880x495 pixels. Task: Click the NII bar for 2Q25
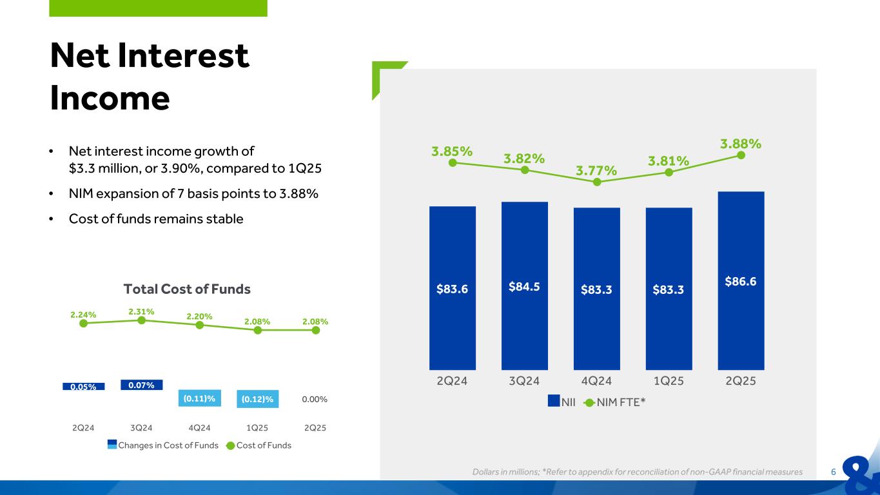(741, 309)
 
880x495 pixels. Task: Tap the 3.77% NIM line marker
(597, 182)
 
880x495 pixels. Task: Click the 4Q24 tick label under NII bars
(596, 381)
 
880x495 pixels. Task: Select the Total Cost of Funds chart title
(187, 289)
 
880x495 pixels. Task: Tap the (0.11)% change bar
(199, 400)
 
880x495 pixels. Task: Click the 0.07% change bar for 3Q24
(141, 385)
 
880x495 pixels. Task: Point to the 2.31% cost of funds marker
(141, 320)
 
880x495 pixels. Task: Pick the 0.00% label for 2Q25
(315, 400)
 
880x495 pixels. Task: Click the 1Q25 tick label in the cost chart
(257, 427)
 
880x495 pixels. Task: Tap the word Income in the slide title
(110, 98)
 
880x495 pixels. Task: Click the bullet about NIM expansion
(193, 194)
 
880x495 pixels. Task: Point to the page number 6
(834, 472)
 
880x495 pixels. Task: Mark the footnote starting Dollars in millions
(637, 472)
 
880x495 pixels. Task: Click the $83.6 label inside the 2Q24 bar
(453, 288)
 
